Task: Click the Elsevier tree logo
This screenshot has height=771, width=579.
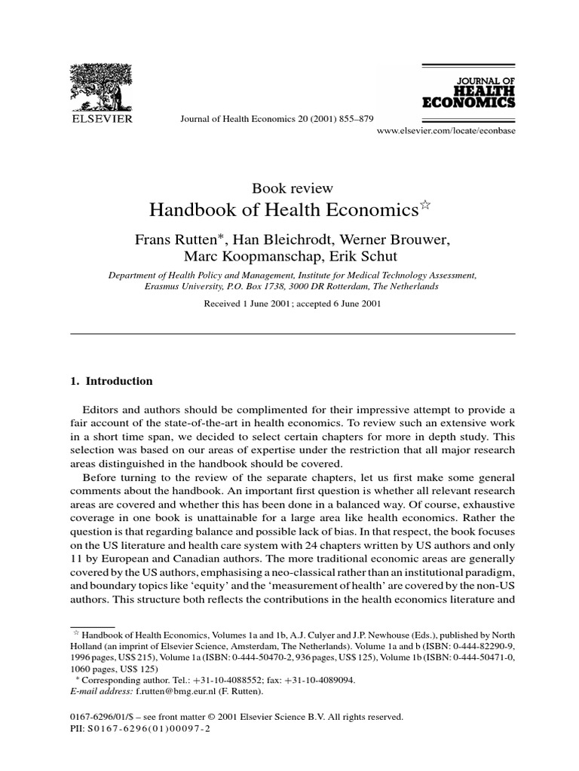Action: (101, 84)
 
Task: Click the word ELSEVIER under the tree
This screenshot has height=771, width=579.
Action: (102, 118)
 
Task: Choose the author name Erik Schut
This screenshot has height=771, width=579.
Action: (371, 258)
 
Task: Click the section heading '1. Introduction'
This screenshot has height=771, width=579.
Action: (111, 381)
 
